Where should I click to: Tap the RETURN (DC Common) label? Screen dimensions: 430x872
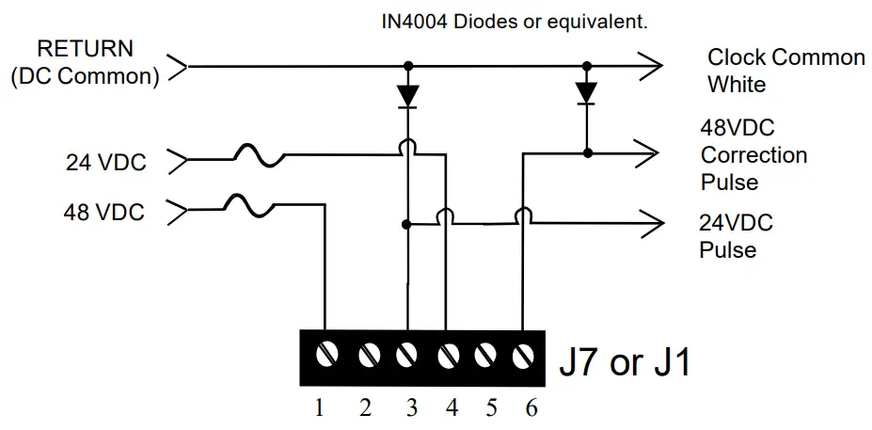pyautogui.click(x=85, y=62)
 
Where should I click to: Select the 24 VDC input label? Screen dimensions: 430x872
pyautogui.click(x=106, y=163)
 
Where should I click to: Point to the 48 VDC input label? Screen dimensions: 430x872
pyautogui.click(x=104, y=212)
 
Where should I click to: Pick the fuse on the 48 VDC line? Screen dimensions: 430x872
pyautogui.click(x=249, y=204)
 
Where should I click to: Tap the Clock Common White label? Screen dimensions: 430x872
pyautogui.click(x=785, y=71)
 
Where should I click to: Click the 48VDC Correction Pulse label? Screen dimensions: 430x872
pyautogui.click(x=753, y=153)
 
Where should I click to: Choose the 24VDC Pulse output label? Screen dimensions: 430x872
pyautogui.click(x=736, y=236)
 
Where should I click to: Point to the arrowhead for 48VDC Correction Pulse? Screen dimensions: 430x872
pyautogui.click(x=648, y=151)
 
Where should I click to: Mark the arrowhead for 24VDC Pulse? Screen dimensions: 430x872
pyautogui.click(x=648, y=224)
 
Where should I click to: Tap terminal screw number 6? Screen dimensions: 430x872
pyautogui.click(x=523, y=357)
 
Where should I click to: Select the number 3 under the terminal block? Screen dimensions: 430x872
pyautogui.click(x=411, y=408)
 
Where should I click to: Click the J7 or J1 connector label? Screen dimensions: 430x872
pyautogui.click(x=625, y=360)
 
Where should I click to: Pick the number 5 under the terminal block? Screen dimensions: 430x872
pyautogui.click(x=491, y=408)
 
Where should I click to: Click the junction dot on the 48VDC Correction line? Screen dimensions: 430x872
pyautogui.click(x=587, y=151)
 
